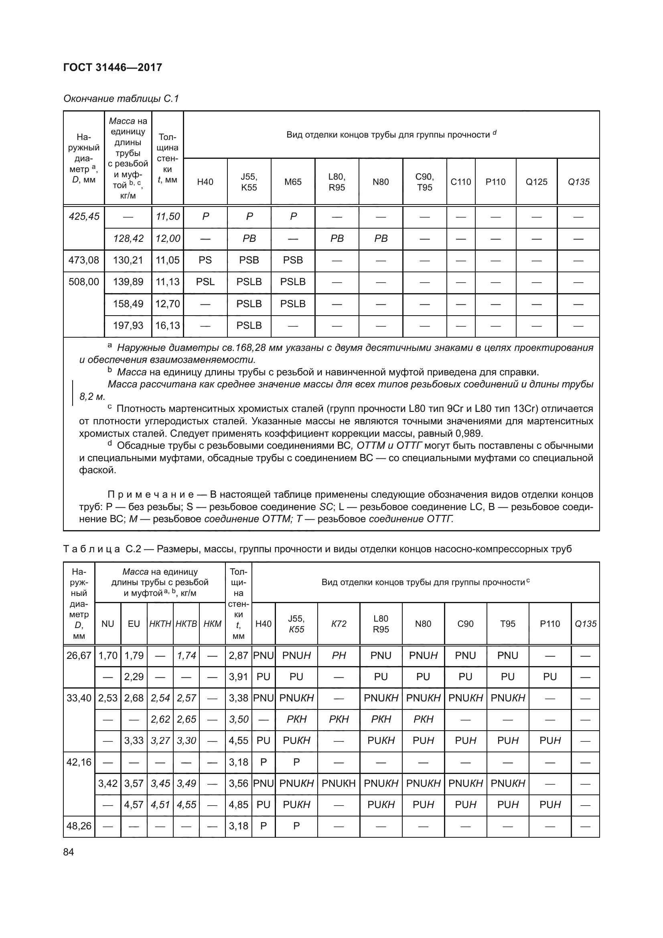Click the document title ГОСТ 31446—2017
tap(113, 67)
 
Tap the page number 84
tap(69, 852)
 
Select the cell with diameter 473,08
tap(84, 260)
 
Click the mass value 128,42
tap(128, 239)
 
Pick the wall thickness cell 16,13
tap(168, 326)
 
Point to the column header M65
tap(293, 182)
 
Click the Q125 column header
tap(536, 182)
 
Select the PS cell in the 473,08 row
tap(205, 260)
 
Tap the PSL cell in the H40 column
tap(205, 282)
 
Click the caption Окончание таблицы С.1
tap(121, 99)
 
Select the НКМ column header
tap(213, 624)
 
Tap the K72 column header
tap(339, 624)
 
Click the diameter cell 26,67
tap(79, 656)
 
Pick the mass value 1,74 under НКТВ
tap(186, 656)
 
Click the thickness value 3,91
tap(239, 677)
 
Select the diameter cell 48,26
tap(79, 826)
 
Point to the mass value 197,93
tap(128, 326)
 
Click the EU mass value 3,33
tap(134, 741)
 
